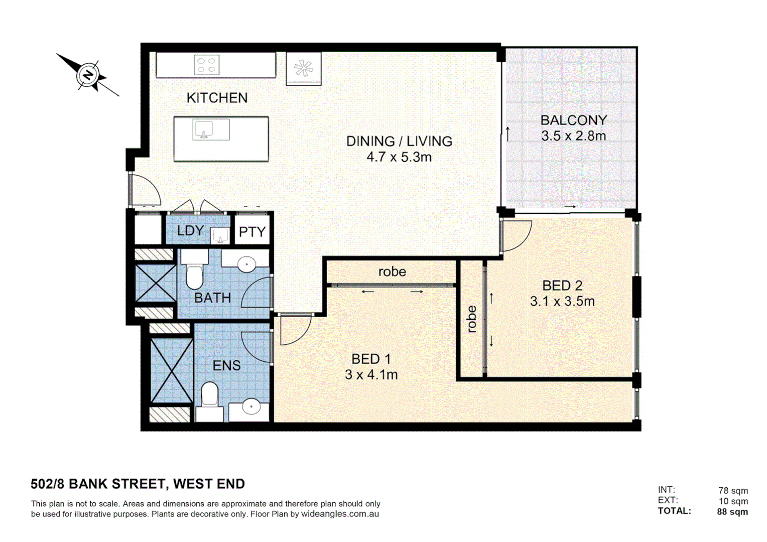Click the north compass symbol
click(88, 76)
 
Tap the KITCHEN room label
click(217, 98)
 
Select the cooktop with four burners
click(206, 65)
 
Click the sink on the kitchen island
click(204, 130)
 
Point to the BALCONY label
click(573, 120)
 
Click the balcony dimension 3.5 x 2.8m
click(573, 136)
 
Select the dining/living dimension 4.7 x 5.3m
click(399, 157)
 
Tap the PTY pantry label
click(252, 232)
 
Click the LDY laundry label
click(190, 231)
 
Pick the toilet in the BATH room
click(194, 274)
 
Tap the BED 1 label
click(371, 359)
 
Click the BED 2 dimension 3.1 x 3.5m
click(562, 302)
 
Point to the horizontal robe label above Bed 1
click(392, 272)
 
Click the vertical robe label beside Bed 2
click(471, 319)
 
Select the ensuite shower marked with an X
click(172, 371)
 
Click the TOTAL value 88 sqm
click(732, 512)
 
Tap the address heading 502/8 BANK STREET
click(138, 484)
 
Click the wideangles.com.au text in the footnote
click(340, 514)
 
